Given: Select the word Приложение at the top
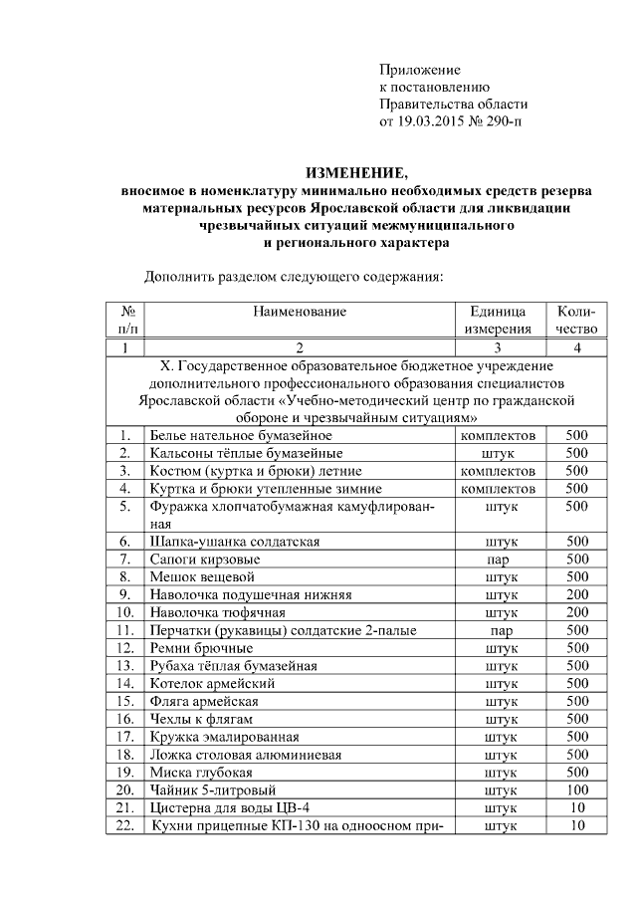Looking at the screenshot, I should (x=419, y=70).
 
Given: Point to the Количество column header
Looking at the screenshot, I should (x=576, y=320).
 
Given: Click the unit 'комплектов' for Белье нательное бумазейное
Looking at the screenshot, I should (x=500, y=435).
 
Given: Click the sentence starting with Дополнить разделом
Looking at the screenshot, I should (x=293, y=276).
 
